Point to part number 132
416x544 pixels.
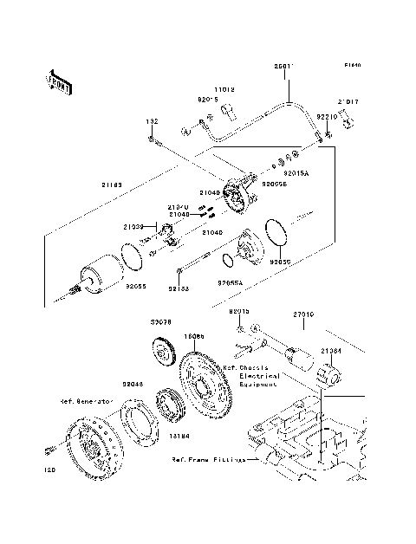[151, 122]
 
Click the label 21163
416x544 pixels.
[112, 185]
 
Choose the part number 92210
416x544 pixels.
[326, 115]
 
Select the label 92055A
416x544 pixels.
[231, 282]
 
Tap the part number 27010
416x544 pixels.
[302, 317]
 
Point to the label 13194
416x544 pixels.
[179, 437]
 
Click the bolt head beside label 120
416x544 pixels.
[49, 449]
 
